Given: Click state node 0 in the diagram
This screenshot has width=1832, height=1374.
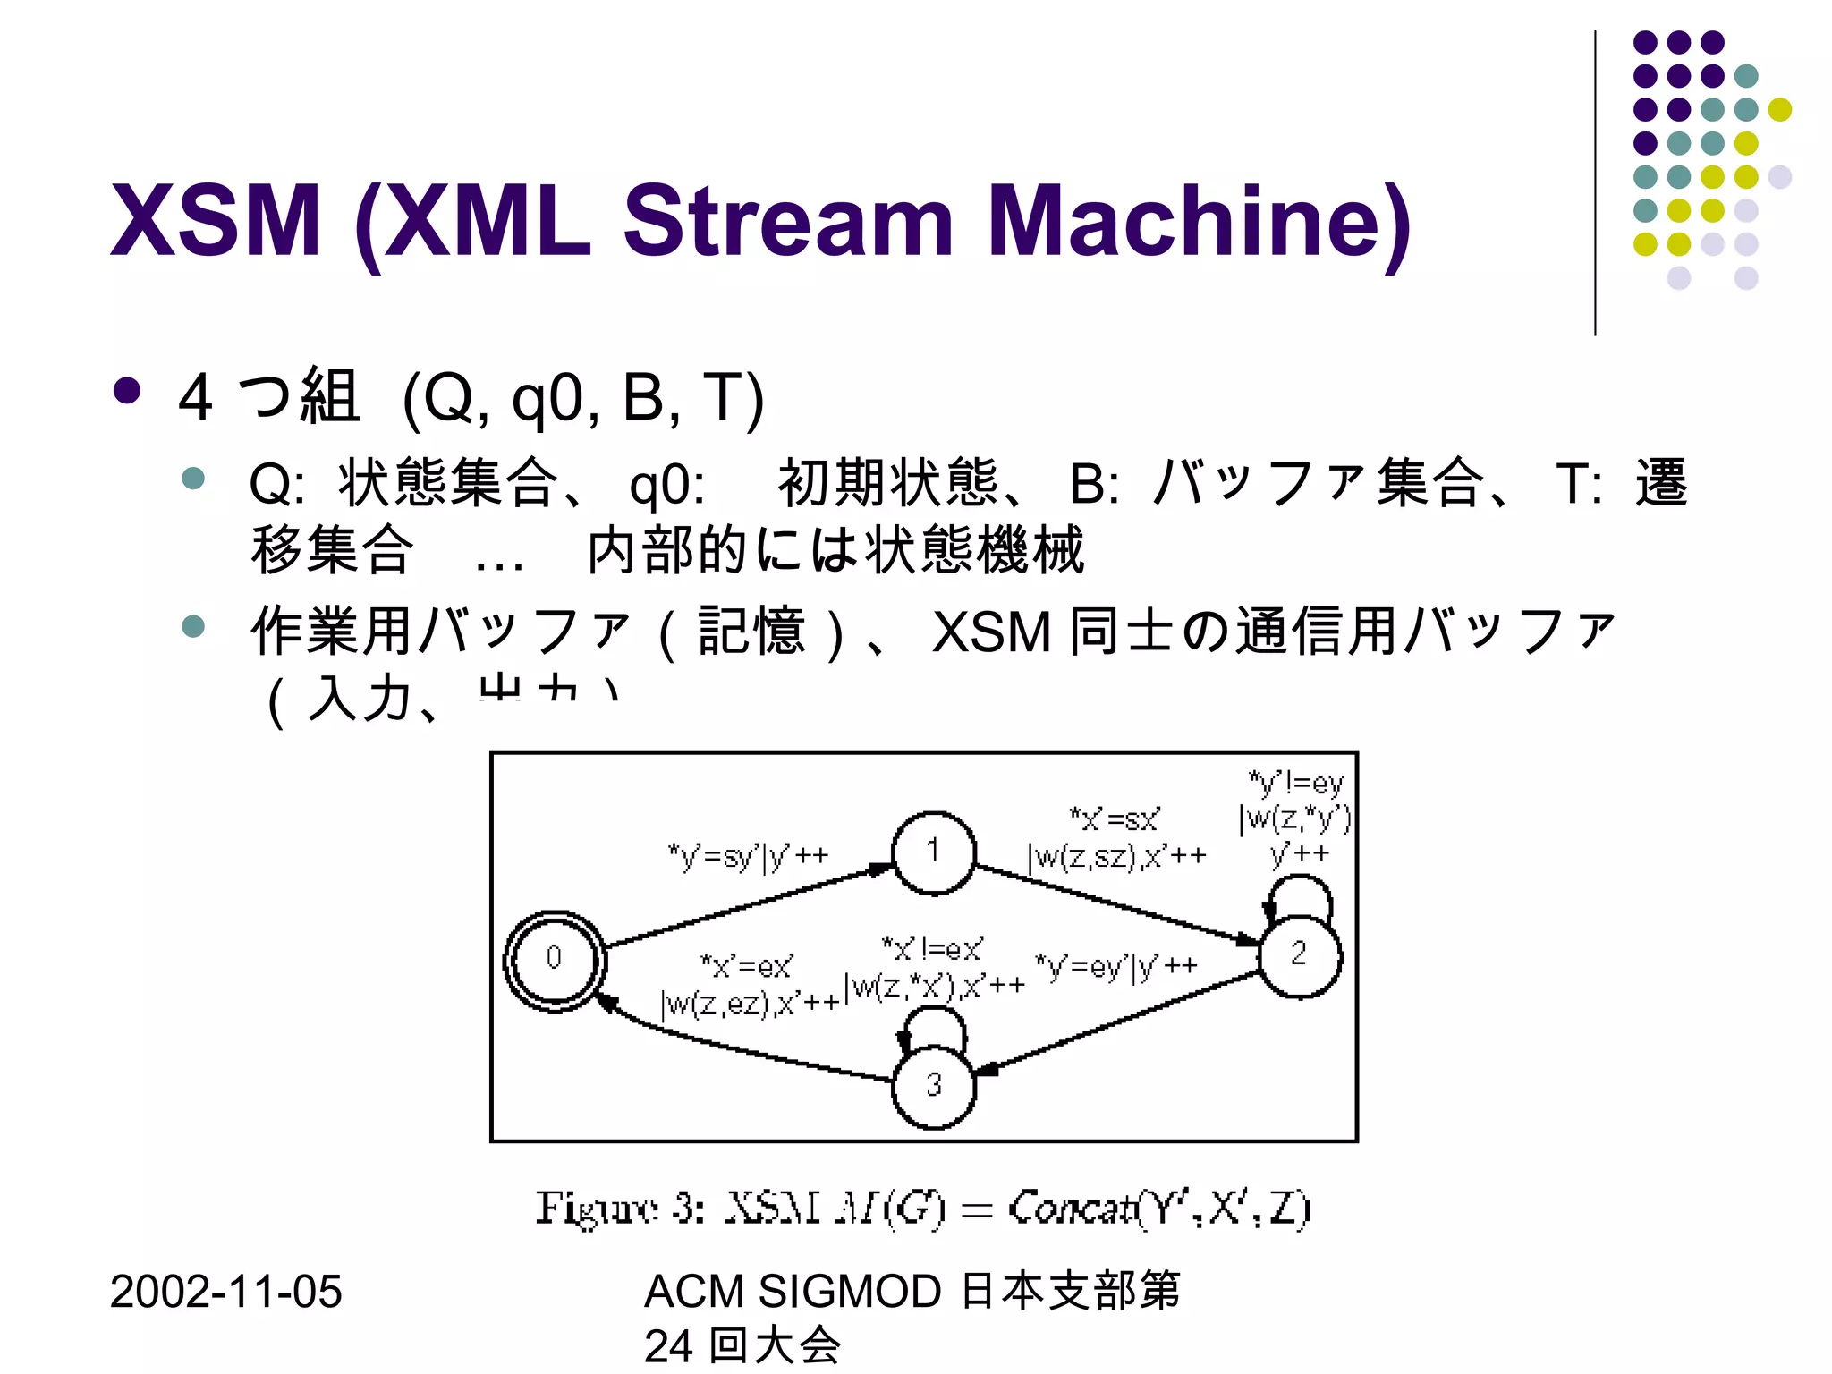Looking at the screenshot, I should pos(555,960).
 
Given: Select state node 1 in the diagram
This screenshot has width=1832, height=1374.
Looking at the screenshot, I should pos(933,852).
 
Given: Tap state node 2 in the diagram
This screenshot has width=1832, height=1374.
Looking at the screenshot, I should pos(1299,956).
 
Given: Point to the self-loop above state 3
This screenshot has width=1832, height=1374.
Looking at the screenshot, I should pos(935,1024).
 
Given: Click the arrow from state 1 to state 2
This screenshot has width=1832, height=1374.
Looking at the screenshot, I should pos(1118,903).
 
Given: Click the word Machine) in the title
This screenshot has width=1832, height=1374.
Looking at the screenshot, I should pos(1199,221).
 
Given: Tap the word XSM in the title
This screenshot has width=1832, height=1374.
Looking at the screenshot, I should pos(215,221).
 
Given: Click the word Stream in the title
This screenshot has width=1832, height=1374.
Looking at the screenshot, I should pos(787,221).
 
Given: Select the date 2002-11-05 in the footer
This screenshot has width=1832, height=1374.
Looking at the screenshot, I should pos(225,1292).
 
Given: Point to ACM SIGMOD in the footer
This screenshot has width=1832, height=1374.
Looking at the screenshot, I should pos(793,1292).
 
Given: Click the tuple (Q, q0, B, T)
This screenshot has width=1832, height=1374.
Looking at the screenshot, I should pos(583,398).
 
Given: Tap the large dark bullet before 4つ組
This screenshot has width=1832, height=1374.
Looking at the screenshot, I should pos(127,391).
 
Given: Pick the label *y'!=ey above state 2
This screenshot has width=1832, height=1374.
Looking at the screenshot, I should pos(1295,784).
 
